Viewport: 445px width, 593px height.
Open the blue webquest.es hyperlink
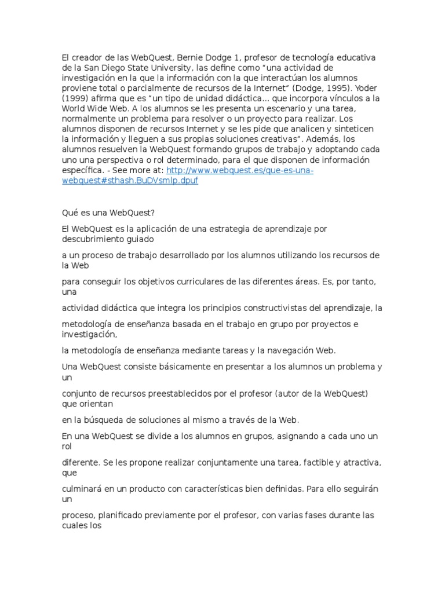tap(239, 170)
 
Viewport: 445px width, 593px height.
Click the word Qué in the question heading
tap(70, 211)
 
